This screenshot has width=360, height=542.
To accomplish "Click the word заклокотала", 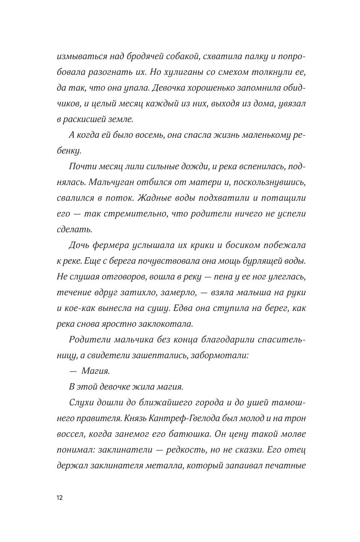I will click(x=166, y=324).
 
